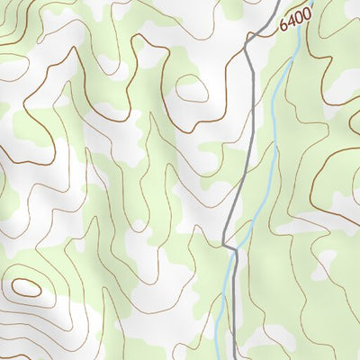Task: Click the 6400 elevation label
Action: (294, 18)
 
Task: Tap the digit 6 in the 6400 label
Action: (283, 25)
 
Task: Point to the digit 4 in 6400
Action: (291, 21)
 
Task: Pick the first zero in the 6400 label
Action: (298, 16)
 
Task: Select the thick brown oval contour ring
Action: (26, 288)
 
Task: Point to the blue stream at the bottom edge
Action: (216, 357)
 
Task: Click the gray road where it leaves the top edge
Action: (274, 2)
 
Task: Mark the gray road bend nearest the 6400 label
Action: (248, 41)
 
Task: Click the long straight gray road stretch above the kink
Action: (245, 135)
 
